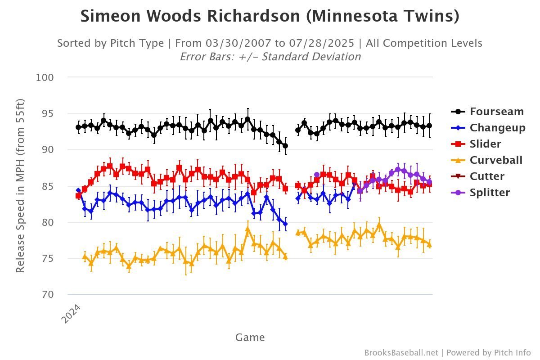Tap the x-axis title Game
coord(250,337)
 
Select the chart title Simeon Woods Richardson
coord(270,17)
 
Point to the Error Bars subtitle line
coord(270,57)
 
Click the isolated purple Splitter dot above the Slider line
coord(317,175)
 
